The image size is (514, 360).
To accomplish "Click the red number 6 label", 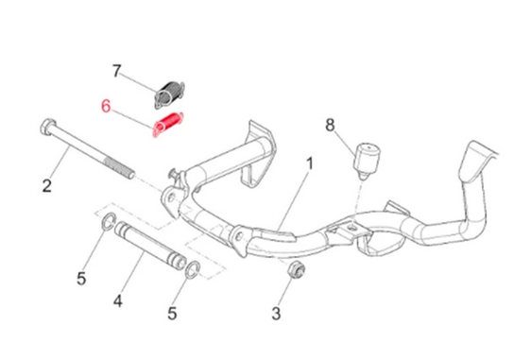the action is (106, 106).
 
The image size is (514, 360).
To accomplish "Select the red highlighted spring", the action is (168, 124).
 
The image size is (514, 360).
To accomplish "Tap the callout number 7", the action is (117, 71).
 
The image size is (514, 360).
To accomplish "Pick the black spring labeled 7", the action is (169, 94).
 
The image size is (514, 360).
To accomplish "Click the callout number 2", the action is (47, 185).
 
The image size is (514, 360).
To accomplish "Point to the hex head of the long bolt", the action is (47, 127).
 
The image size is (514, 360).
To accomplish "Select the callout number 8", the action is (330, 125).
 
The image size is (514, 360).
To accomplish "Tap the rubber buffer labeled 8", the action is (367, 161).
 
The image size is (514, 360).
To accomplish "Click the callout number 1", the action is (309, 163).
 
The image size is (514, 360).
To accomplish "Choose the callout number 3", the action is (276, 314).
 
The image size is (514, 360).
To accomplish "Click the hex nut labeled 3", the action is (296, 269).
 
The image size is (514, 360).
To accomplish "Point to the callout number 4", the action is (118, 300).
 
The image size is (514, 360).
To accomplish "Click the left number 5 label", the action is (81, 279).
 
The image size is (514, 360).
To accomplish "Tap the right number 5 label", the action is (172, 314).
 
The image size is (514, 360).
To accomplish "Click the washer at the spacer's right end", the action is (193, 269).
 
